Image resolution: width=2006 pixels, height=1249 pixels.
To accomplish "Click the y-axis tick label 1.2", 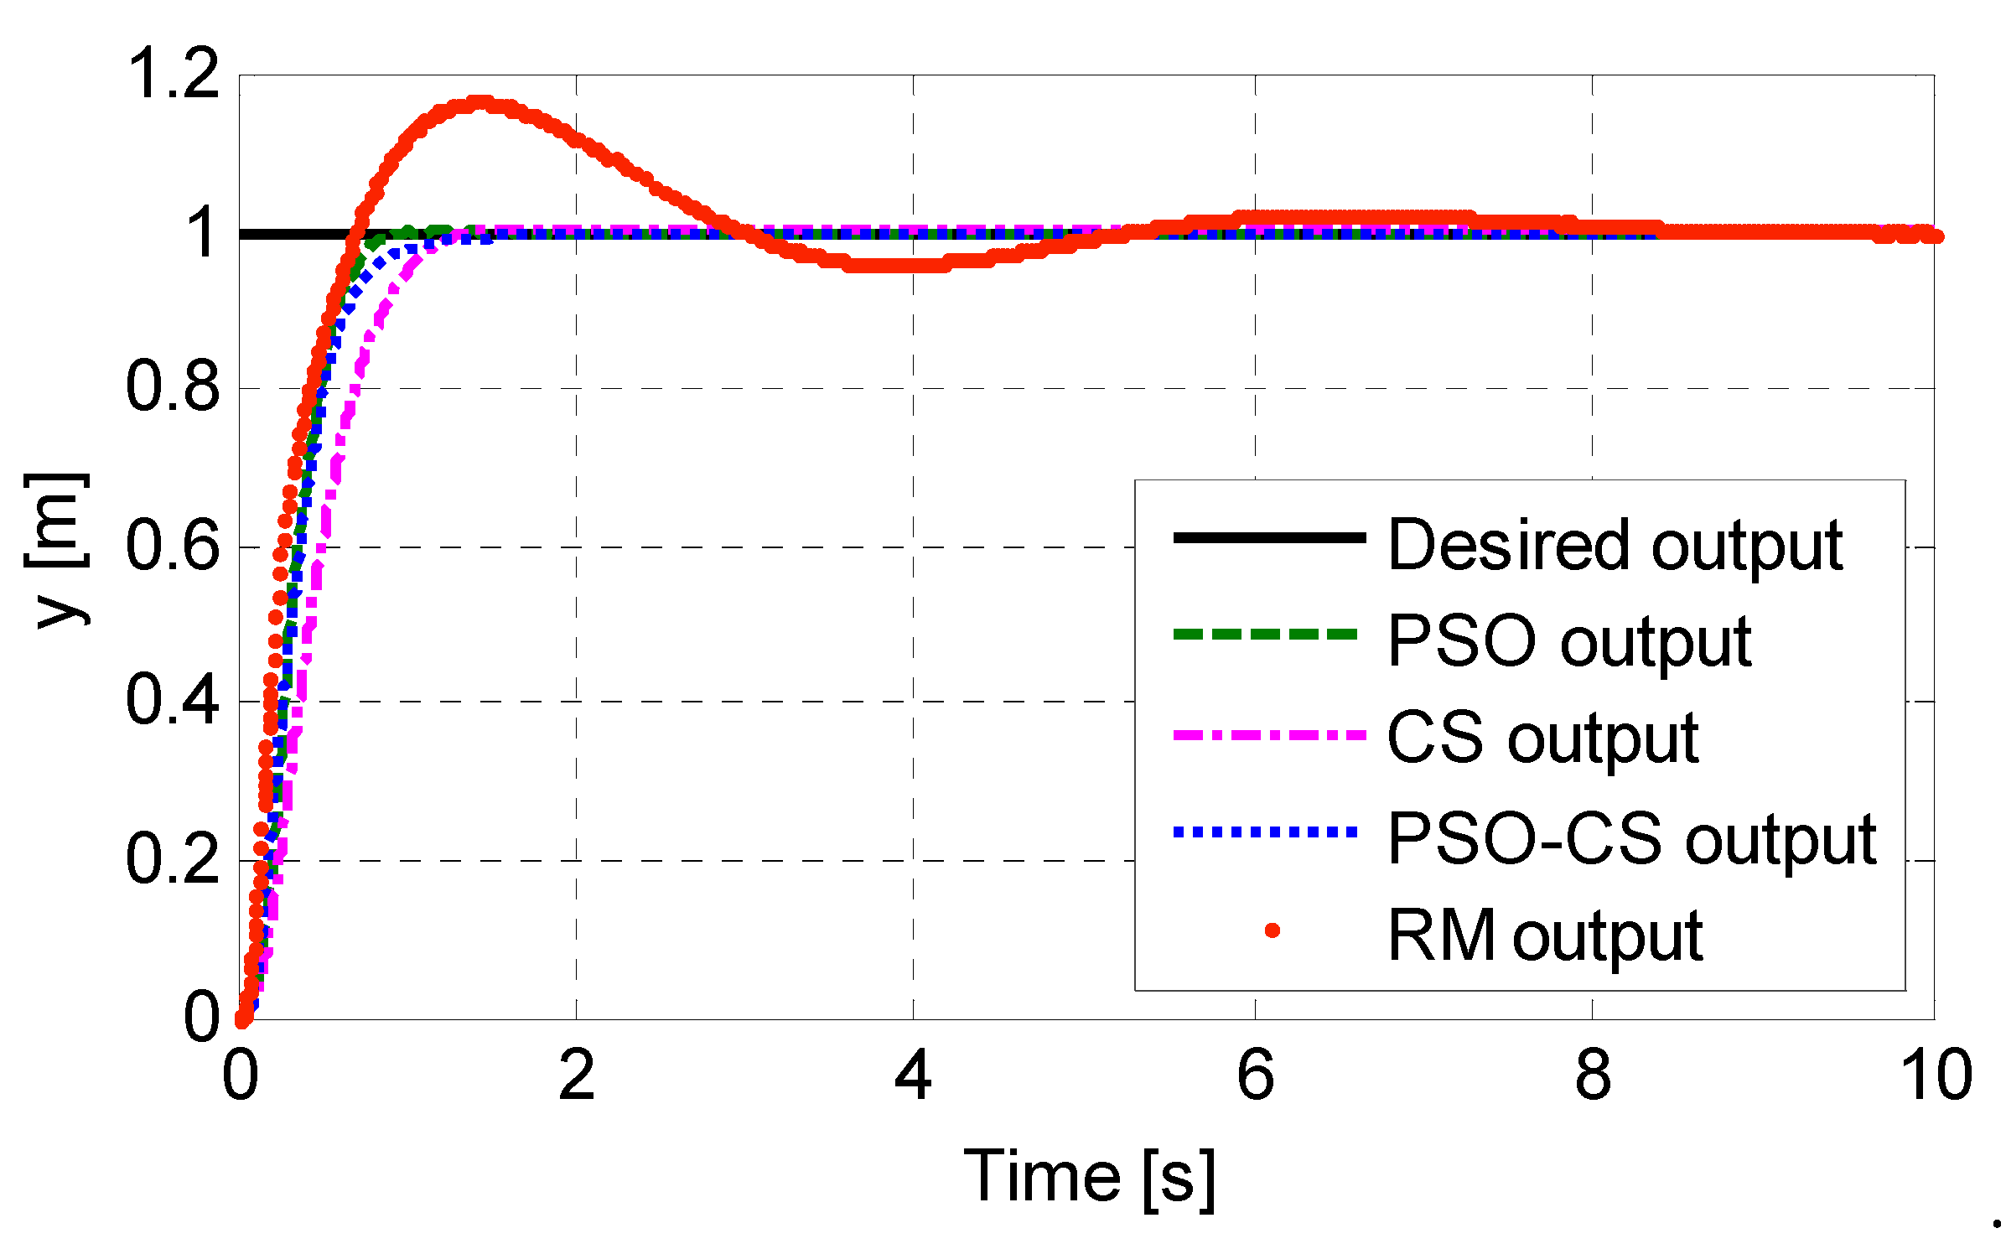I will point(173,74).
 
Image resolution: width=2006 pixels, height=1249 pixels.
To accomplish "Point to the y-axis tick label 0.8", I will point(173,386).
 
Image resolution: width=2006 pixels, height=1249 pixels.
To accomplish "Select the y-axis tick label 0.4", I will point(173,700).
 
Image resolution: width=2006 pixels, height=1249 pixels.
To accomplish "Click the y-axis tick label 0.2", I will point(173,858).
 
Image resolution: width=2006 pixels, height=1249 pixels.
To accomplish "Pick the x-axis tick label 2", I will point(577,1075).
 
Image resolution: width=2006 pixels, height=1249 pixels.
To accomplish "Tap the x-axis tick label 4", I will point(913,1075).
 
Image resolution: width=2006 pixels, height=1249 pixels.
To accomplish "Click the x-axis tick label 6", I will point(1255,1075).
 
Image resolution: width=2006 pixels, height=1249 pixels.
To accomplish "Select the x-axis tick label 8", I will point(1592,1075).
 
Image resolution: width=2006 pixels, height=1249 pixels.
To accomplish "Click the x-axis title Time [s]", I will point(1089,1177).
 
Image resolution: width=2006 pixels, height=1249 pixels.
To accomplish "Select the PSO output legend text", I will point(1568,641).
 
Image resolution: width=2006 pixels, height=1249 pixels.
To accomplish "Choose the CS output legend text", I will point(1542,738).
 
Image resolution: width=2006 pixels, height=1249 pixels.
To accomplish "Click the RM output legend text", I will point(1545,935).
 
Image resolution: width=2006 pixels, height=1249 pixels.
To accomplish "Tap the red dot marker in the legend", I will point(1272,930).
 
